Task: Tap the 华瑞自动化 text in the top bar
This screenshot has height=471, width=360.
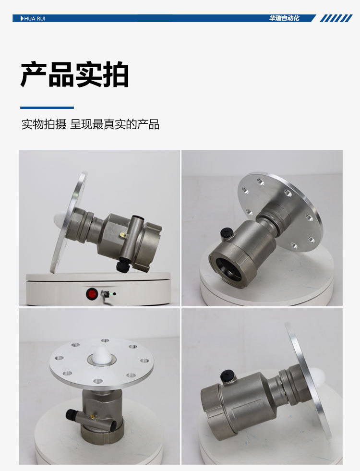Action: pyautogui.click(x=284, y=18)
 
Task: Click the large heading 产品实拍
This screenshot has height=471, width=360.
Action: pyautogui.click(x=74, y=74)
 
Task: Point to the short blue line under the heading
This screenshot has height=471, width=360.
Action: pyautogui.click(x=47, y=108)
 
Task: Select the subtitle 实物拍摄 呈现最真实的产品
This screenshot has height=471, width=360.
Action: pyautogui.click(x=90, y=125)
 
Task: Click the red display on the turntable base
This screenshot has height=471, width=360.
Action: pyautogui.click(x=91, y=293)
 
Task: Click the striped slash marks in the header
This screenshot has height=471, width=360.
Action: pyautogui.click(x=336, y=18)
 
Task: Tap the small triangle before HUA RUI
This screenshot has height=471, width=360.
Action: pyautogui.click(x=22, y=18)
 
